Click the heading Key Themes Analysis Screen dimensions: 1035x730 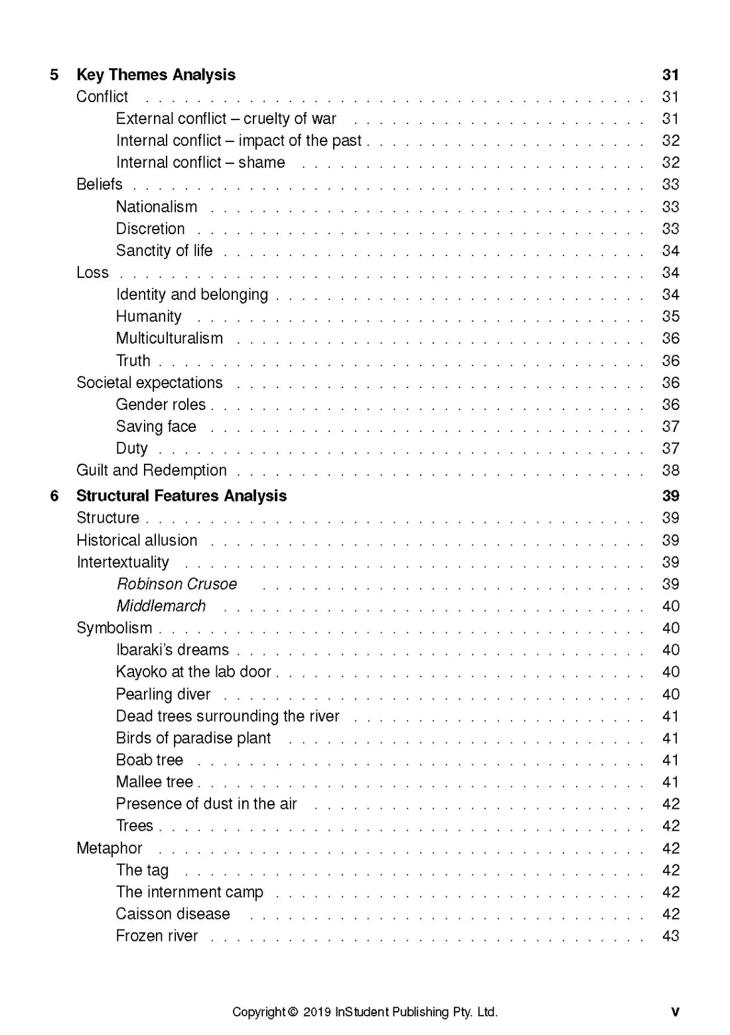click(x=155, y=75)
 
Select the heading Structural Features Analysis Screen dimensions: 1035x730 click(x=181, y=496)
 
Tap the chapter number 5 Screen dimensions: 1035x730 click(x=54, y=75)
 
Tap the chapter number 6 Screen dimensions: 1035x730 click(x=54, y=496)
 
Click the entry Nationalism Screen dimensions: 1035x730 click(x=157, y=207)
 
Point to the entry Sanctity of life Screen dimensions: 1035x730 click(x=164, y=251)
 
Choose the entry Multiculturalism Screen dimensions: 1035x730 click(x=169, y=338)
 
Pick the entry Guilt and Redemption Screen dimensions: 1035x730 click(x=151, y=470)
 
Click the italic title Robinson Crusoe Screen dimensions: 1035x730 click(x=177, y=585)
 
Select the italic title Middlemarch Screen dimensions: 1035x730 click(x=161, y=606)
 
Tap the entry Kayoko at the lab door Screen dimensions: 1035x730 click(x=193, y=672)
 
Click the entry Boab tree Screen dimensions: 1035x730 click(x=149, y=760)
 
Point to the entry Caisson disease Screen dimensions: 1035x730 click(x=173, y=914)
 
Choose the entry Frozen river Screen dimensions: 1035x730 click(x=157, y=936)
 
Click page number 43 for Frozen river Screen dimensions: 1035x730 click(x=670, y=936)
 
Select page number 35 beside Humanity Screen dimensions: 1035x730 click(x=670, y=316)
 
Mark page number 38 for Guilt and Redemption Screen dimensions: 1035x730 click(x=670, y=470)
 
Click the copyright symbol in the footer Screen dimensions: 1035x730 click(x=293, y=1012)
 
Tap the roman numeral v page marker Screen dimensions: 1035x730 click(x=675, y=1012)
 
